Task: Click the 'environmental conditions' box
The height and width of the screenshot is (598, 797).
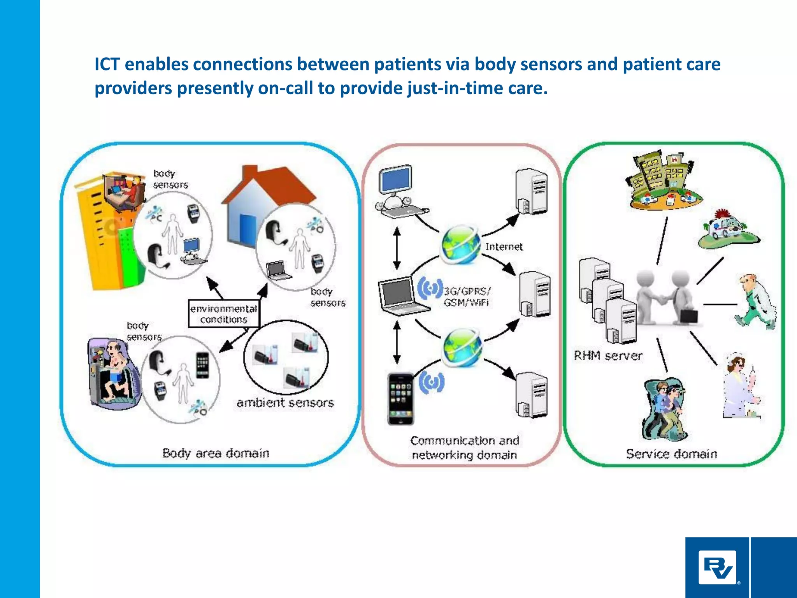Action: point(224,314)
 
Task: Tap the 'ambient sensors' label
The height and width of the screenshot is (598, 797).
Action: point(285,403)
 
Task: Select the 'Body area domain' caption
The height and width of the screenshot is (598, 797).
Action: point(216,454)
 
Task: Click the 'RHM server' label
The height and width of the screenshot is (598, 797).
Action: point(608,355)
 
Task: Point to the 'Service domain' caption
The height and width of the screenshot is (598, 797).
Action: point(671,454)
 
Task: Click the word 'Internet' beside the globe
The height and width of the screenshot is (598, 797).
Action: point(504,247)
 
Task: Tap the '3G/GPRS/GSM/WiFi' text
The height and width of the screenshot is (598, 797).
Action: point(467,297)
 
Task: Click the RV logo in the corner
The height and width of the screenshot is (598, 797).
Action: point(717,567)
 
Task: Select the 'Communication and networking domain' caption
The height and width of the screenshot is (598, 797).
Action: point(464,448)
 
